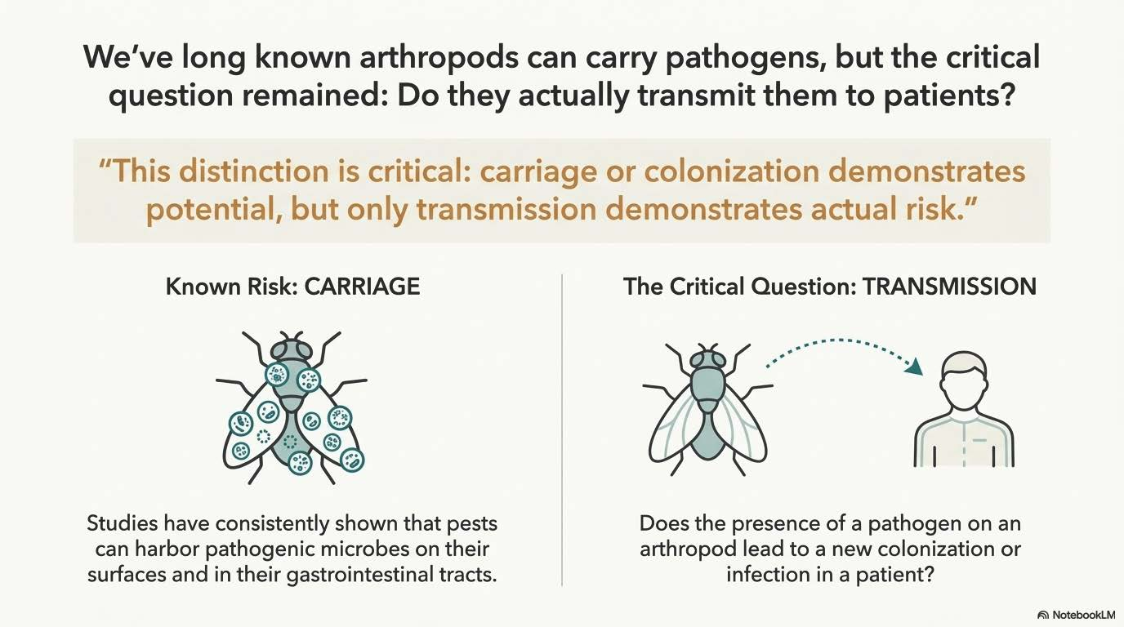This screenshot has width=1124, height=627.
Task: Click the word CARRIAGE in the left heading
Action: [362, 287]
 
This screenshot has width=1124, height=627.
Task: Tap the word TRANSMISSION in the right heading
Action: [949, 287]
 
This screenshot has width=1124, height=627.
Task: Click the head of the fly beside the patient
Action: [707, 360]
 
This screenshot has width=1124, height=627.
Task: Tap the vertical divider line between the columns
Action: [562, 430]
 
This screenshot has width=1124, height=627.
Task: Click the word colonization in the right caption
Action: [937, 549]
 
